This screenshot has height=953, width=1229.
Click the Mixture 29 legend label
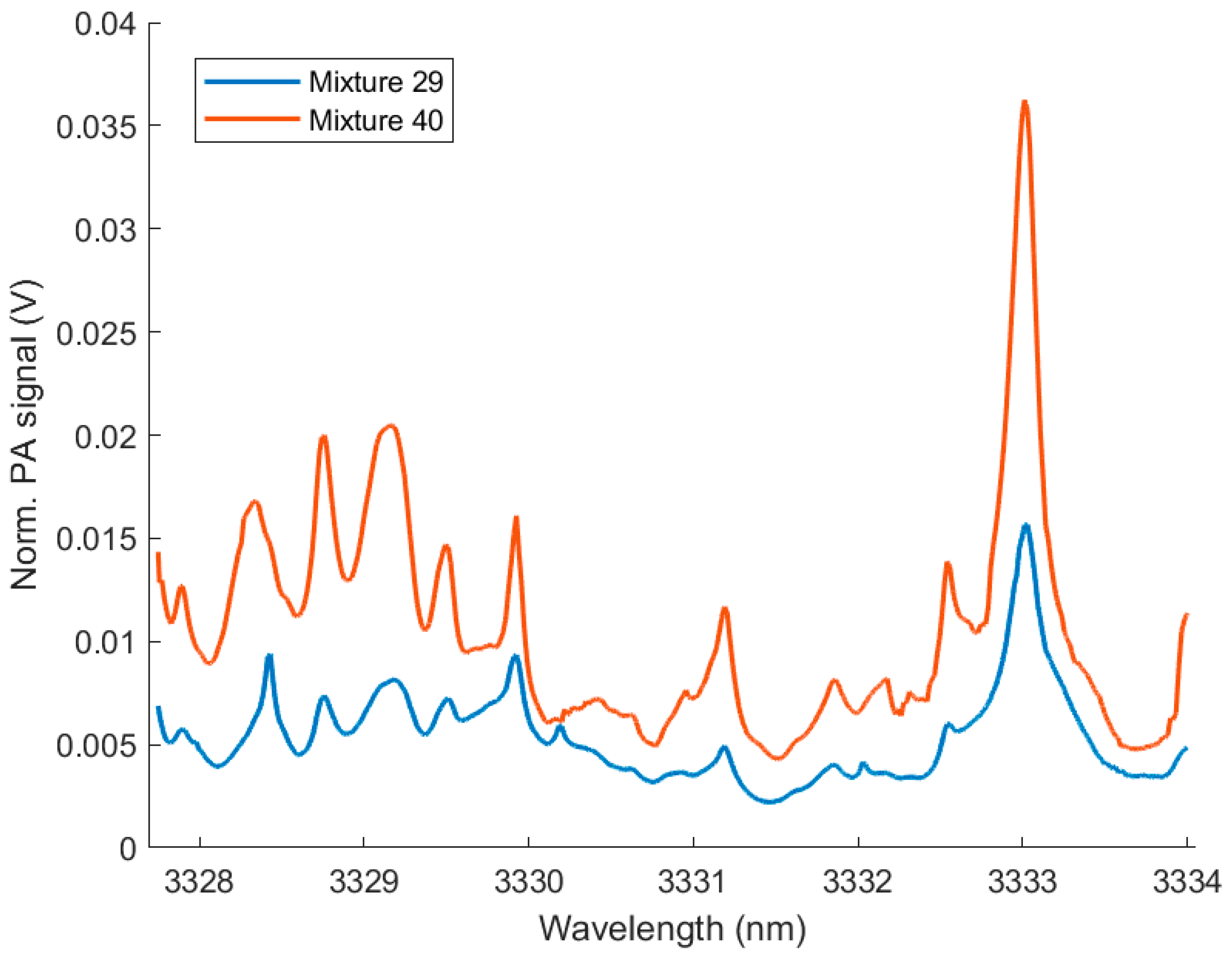[376, 82]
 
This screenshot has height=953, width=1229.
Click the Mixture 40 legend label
[376, 121]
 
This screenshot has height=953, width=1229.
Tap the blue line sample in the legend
[252, 82]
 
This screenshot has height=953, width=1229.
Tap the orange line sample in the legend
[252, 119]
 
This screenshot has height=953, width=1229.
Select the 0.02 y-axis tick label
[105, 437]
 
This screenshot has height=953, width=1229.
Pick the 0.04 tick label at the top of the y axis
[105, 25]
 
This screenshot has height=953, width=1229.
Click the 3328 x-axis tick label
[199, 881]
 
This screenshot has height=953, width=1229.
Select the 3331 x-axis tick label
[692, 881]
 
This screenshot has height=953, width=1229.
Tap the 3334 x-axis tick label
[1186, 881]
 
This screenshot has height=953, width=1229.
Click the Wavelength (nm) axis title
[673, 928]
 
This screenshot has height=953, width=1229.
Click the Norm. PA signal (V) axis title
[25, 434]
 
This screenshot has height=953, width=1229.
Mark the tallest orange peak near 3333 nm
[1025, 103]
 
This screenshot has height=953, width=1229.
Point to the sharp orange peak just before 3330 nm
[516, 518]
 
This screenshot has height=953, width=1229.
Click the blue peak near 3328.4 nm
[269, 656]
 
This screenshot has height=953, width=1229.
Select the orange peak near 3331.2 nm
[725, 609]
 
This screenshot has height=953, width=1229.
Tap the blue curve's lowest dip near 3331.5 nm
[771, 801]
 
